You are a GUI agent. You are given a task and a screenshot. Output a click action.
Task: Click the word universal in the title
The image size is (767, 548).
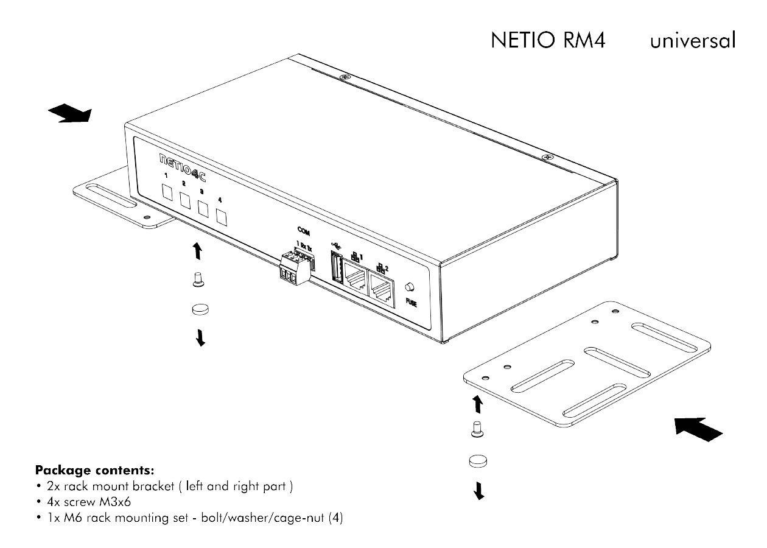pos(693,40)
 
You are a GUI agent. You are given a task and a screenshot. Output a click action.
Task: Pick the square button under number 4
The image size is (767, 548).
pos(222,217)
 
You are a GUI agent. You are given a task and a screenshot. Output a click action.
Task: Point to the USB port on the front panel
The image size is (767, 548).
pos(335,269)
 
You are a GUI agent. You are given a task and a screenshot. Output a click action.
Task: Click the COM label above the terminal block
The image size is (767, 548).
pos(303,230)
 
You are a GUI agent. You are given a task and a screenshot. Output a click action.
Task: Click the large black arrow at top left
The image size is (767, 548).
pos(69,113)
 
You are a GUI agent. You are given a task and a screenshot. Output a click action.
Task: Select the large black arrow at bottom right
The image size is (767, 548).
pos(699,429)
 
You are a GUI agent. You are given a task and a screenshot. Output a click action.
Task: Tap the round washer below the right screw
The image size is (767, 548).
pos(478,461)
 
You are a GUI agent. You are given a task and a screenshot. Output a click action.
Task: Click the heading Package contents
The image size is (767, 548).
pos(94,470)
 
